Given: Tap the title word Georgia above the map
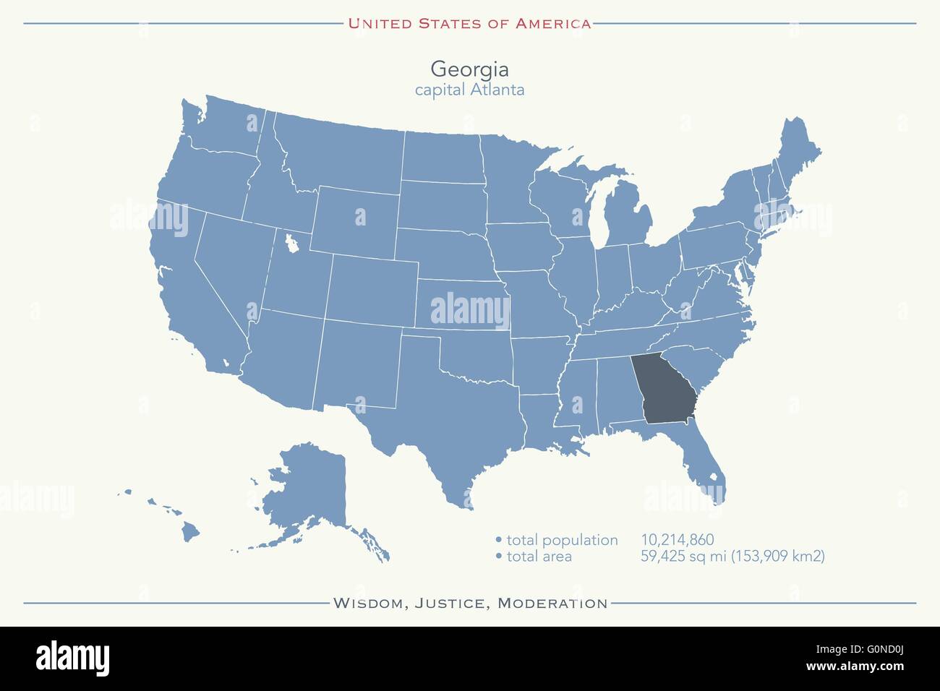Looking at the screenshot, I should tap(469, 69).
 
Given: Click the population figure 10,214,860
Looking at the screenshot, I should tap(677, 540).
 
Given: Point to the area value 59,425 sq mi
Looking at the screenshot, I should tap(686, 557).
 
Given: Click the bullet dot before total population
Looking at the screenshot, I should tap(498, 541).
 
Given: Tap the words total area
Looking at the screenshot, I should tap(539, 557).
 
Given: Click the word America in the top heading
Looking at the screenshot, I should tap(552, 23).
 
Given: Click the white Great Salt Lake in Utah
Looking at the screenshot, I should tap(291, 244).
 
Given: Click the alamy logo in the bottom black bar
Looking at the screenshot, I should tap(72, 658).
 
